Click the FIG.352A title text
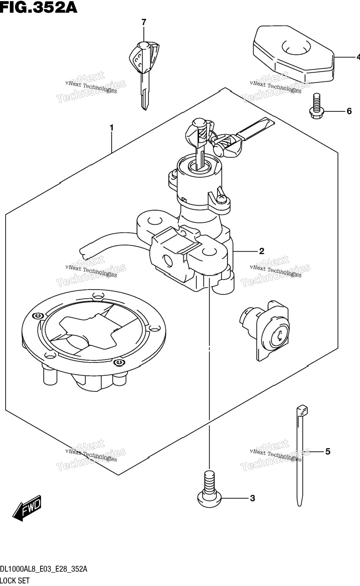[x=39, y=7]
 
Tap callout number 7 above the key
[x=144, y=22]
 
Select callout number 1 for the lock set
[x=112, y=128]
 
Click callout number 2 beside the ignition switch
[x=261, y=251]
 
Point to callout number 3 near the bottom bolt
[x=252, y=498]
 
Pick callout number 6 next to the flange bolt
[x=349, y=111]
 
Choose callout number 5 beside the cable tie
[x=328, y=451]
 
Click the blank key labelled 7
[x=144, y=75]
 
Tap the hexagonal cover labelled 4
[x=294, y=53]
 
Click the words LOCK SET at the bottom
[x=15, y=581]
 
